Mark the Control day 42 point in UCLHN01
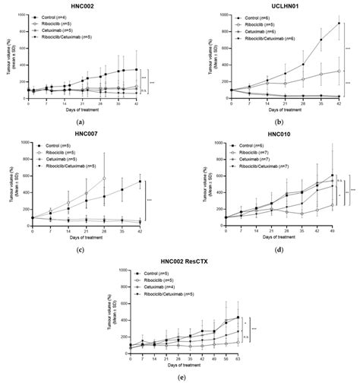tap(338, 23)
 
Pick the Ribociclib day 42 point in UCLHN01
tap(338, 71)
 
